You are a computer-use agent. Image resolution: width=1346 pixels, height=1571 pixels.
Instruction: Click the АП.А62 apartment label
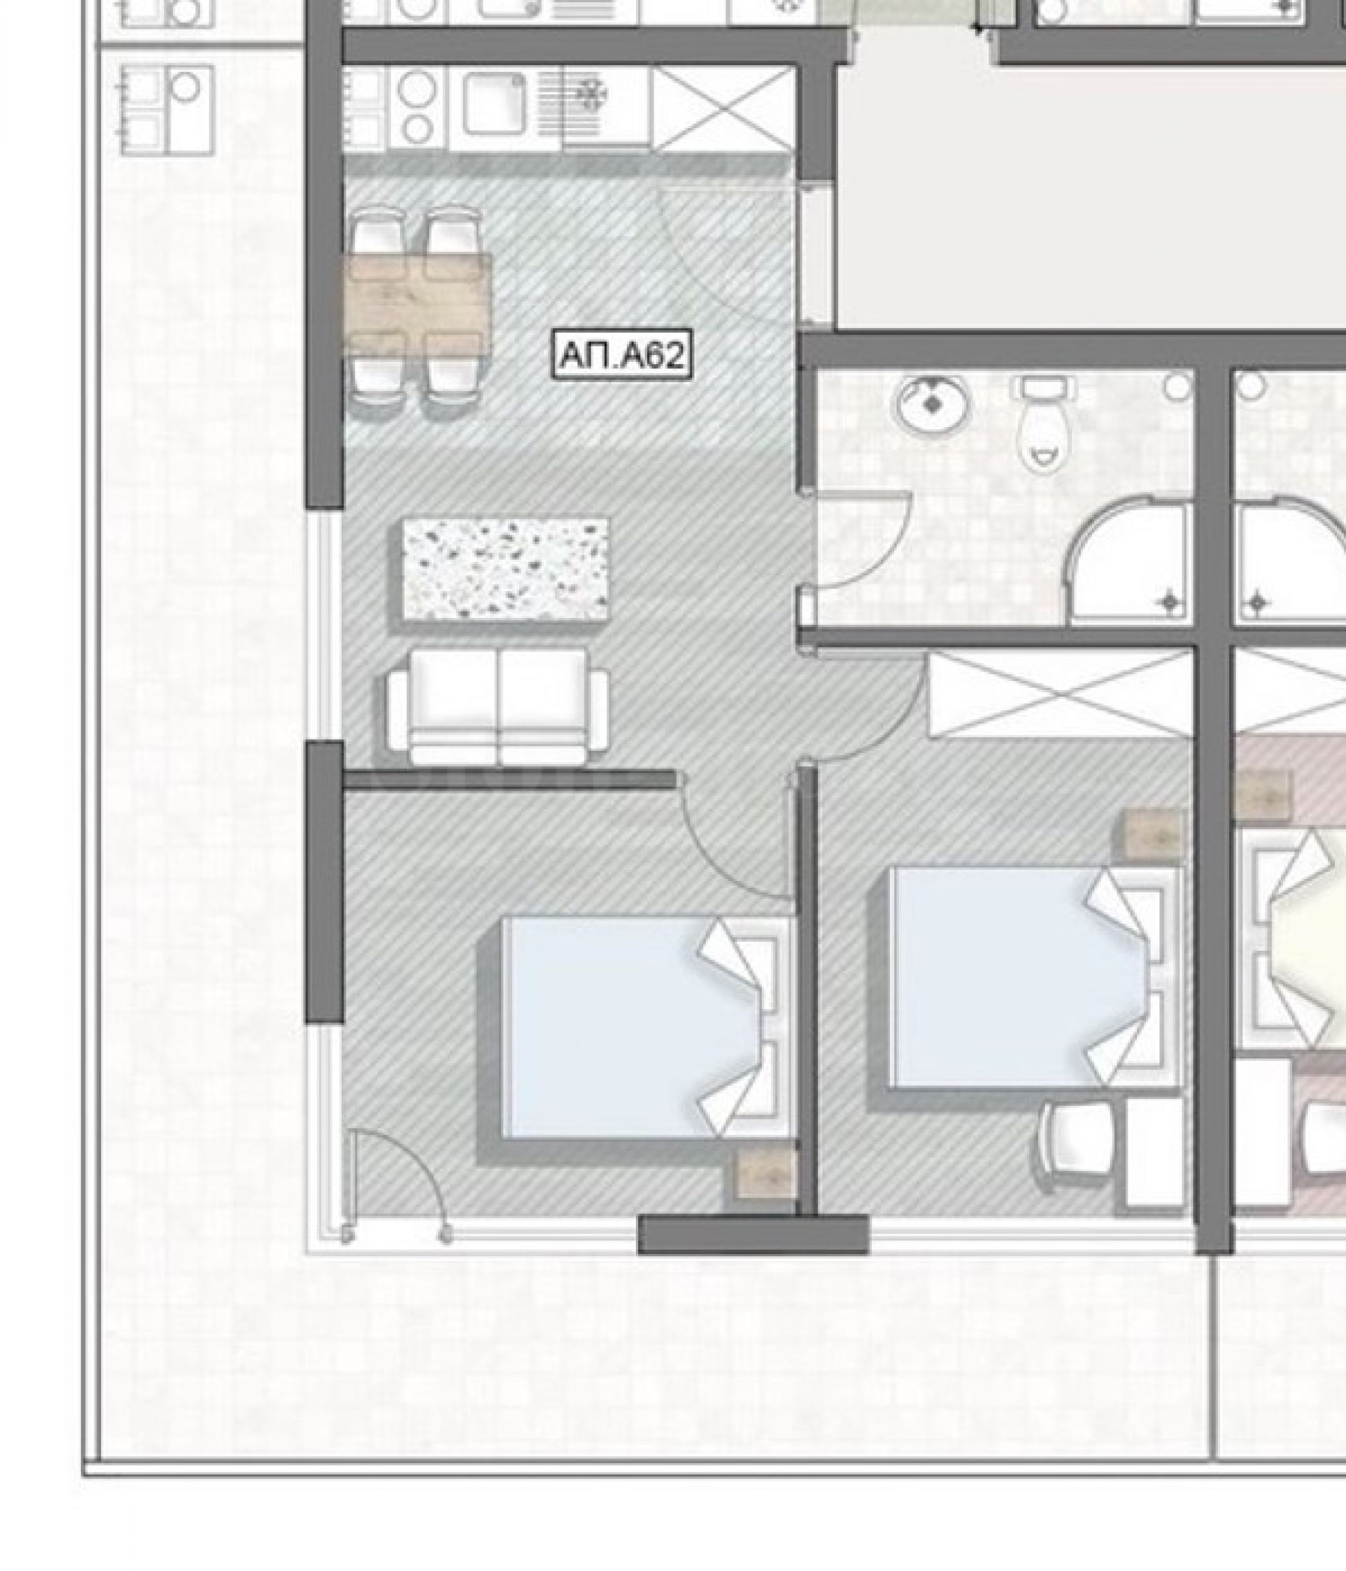[x=622, y=355]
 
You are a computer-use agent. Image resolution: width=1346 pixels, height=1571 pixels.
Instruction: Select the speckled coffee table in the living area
[x=506, y=569]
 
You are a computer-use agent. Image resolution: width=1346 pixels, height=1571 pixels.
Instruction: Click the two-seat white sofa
[x=498, y=706]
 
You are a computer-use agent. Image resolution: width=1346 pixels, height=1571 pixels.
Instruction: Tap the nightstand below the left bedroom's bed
[x=766, y=1174]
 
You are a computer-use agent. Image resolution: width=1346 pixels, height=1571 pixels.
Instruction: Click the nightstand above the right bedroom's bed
[x=1153, y=835]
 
